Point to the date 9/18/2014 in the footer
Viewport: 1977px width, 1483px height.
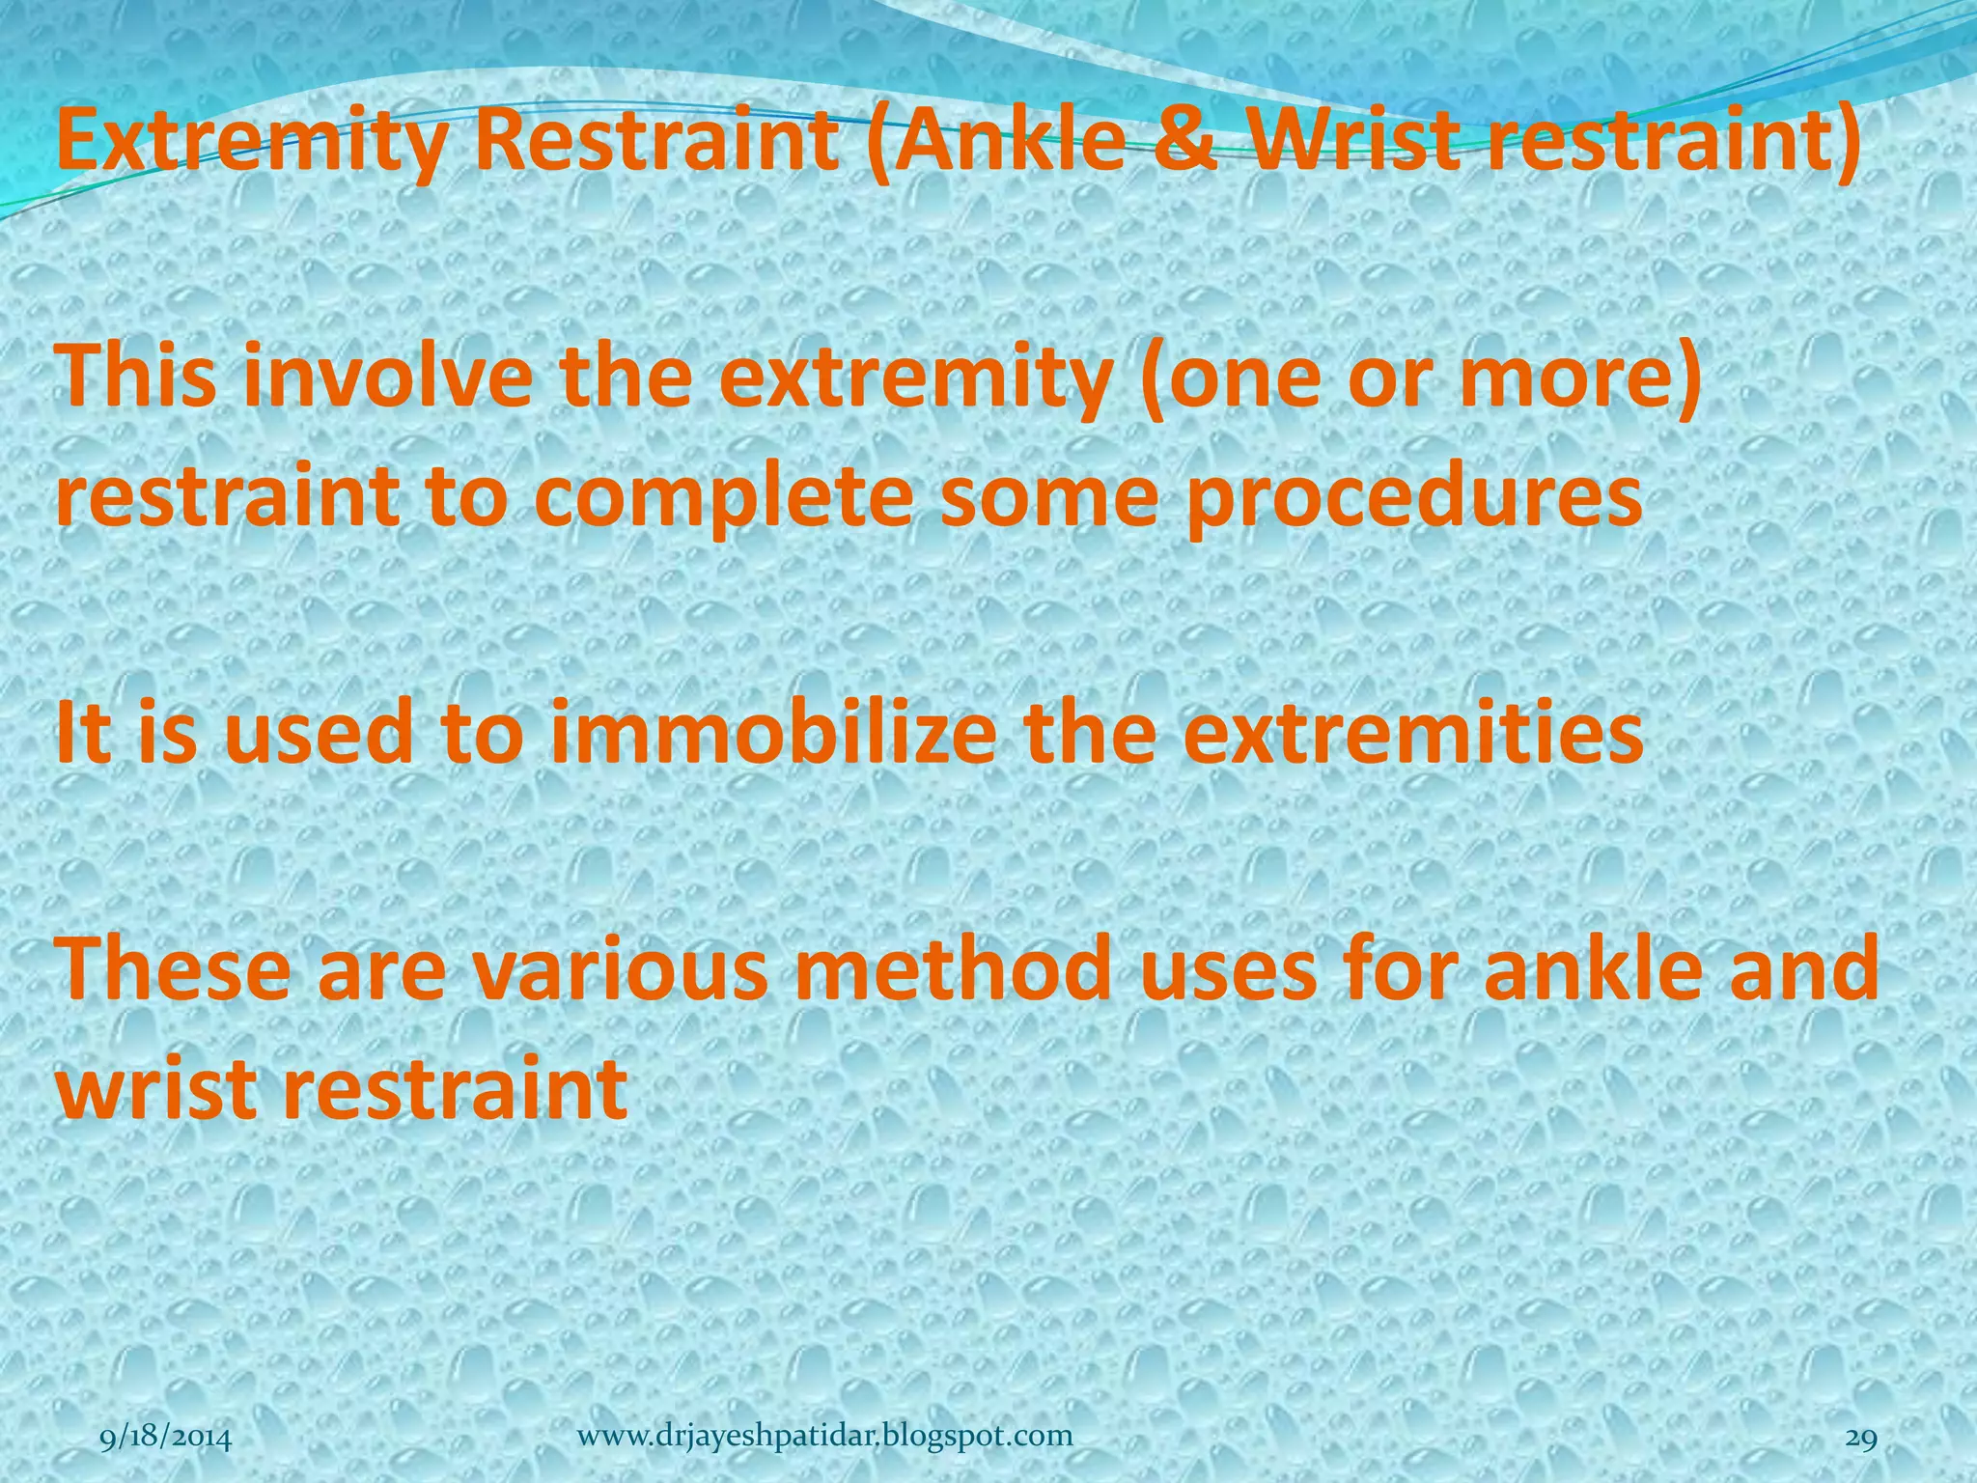coord(166,1440)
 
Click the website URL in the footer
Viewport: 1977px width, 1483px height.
coord(824,1436)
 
